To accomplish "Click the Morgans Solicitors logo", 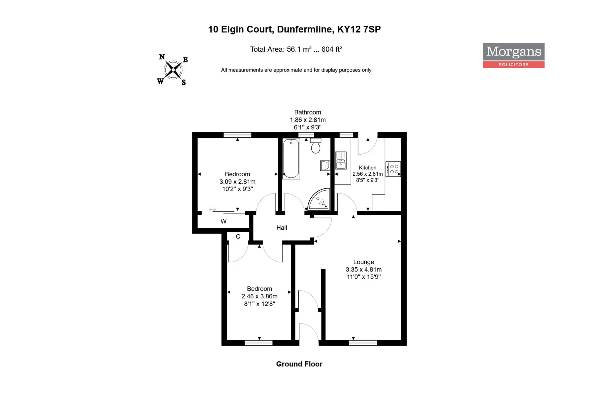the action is point(513,56).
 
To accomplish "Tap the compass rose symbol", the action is point(173,70).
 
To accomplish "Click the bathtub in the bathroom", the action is point(291,158).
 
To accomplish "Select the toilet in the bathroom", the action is point(316,146).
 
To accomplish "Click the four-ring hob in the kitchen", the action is point(393,169).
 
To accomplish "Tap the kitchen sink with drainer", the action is point(341,160).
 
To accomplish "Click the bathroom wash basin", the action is point(325,165).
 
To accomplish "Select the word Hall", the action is point(281,228).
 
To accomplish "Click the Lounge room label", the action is point(364,262).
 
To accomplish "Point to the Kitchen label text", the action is point(368,167).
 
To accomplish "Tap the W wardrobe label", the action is point(223,221).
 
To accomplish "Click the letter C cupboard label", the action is point(238,236).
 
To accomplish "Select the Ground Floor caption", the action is point(299,364).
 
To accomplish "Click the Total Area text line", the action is point(296,49).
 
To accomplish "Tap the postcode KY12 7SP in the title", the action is point(359,29).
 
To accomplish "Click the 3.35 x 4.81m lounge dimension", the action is point(364,270).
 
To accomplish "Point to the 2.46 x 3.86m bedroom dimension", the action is point(260,296).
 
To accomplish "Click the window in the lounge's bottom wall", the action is point(363,343).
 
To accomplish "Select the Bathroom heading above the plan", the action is point(307,112).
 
